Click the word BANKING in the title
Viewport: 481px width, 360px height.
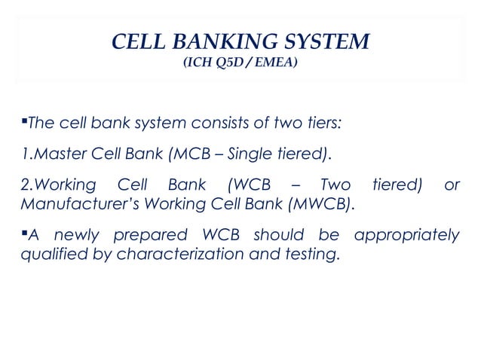[228, 41]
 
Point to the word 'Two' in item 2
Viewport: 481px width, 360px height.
[335, 186]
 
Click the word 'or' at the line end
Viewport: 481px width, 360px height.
[452, 186]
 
